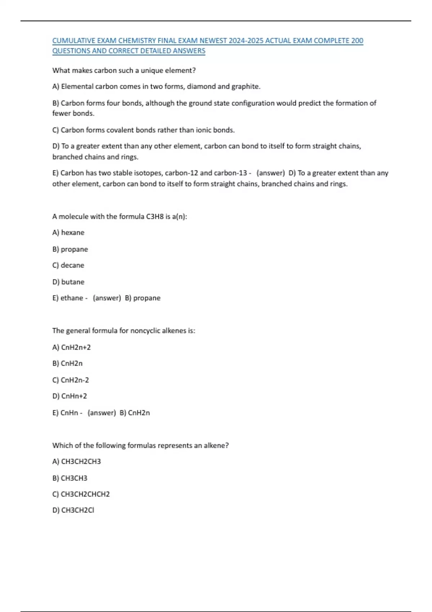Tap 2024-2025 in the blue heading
[x=243, y=41]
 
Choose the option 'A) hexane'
[x=68, y=233]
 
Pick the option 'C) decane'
[x=68, y=265]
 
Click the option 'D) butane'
[x=68, y=282]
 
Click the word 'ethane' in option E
[x=72, y=298]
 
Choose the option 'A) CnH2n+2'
[x=72, y=347]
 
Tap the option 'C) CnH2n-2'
[x=71, y=380]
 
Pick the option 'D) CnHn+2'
[x=70, y=396]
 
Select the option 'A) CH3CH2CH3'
[x=77, y=462]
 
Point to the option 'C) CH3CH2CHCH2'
[x=81, y=494]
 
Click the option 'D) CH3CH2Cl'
[x=73, y=510]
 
